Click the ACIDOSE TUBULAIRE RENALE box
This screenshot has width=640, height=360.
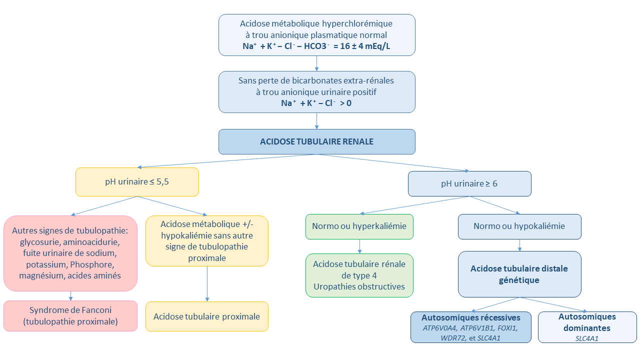point(316,141)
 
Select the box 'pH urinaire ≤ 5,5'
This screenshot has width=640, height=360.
point(137,181)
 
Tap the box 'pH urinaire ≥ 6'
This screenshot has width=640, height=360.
point(469,183)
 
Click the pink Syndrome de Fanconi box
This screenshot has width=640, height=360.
point(70,316)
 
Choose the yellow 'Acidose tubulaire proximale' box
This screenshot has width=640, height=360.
point(206,316)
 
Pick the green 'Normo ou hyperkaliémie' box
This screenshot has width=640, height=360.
point(359,226)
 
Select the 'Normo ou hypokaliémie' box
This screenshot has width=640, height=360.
point(519,226)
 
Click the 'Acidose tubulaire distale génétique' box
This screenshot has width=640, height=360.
point(519,274)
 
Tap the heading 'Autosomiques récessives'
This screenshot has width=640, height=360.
point(470,318)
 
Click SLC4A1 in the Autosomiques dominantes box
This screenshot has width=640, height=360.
point(587,338)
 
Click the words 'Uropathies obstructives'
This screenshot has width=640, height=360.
point(359,286)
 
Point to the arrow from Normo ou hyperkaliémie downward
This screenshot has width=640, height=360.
point(359,245)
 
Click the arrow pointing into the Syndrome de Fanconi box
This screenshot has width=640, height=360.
point(70,295)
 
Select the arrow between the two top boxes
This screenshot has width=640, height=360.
point(316,63)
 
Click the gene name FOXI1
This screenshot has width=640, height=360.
point(507,328)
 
